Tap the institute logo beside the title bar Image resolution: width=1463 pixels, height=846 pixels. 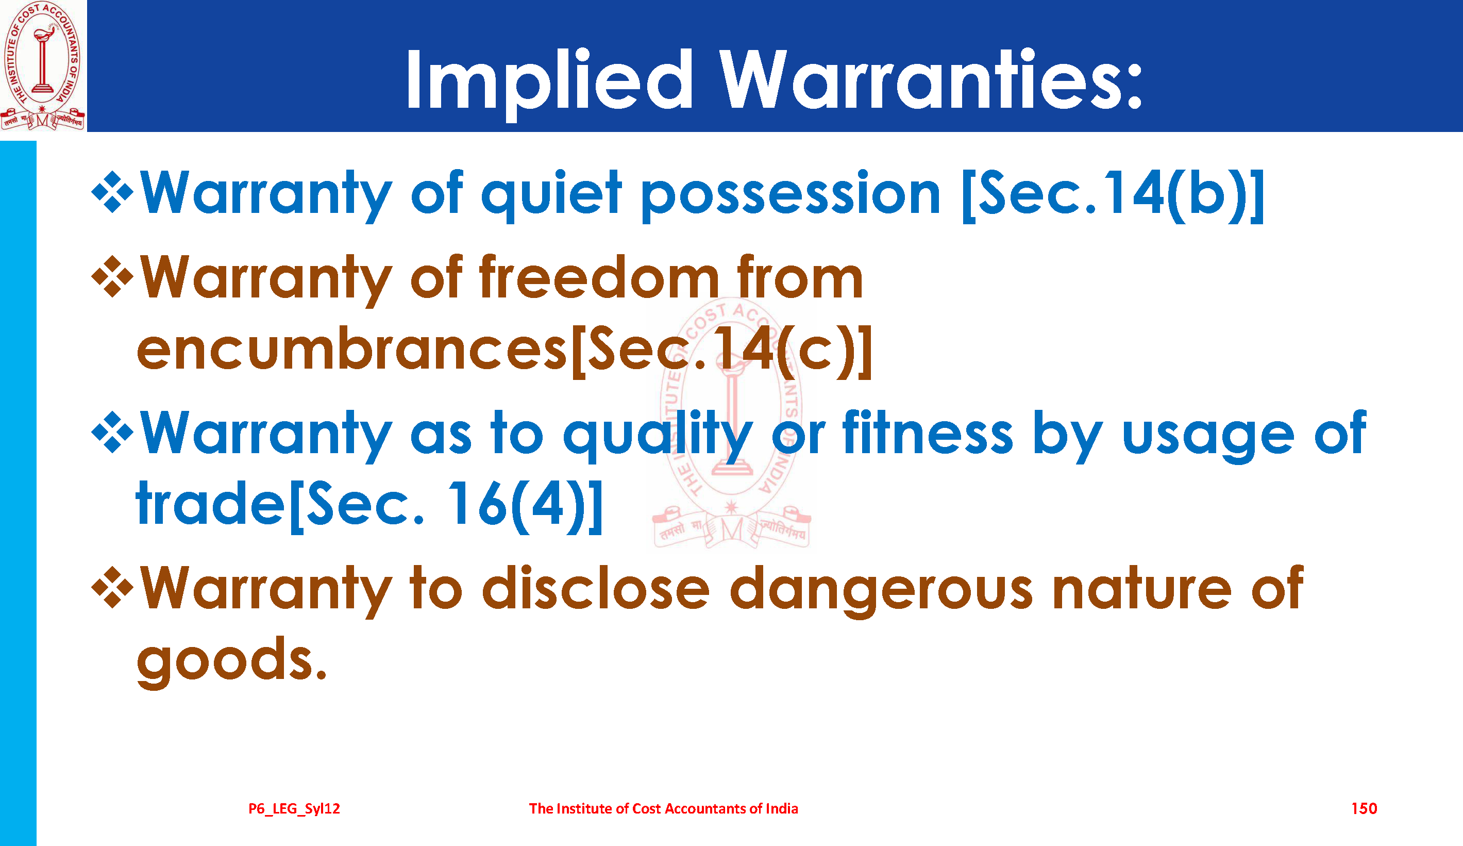tap(42, 65)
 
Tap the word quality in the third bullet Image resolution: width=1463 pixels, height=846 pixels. tap(658, 436)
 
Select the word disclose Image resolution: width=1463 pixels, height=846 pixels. tap(596, 588)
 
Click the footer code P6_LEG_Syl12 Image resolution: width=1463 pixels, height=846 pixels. tap(294, 808)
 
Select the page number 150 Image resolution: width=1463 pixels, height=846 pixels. tap(1364, 808)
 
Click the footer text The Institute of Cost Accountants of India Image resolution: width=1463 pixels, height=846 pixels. tap(664, 808)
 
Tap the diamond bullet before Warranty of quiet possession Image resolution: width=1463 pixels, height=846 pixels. tap(113, 192)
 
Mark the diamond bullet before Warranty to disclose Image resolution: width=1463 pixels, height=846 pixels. tap(113, 588)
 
